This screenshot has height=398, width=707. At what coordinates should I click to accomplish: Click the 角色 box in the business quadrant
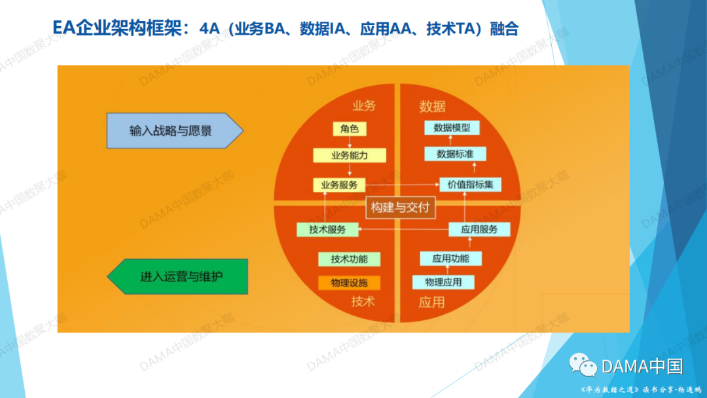coord(350,128)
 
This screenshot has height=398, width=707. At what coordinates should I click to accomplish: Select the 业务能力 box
coord(350,156)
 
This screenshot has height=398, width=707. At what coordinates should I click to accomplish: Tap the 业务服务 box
coord(339,185)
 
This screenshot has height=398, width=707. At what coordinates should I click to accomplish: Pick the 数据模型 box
coord(452,128)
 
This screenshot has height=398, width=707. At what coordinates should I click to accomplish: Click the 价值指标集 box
coord(470,185)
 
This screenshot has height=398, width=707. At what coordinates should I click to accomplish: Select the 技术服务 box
coord(328,229)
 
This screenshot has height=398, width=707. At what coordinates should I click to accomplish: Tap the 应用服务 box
coord(479,229)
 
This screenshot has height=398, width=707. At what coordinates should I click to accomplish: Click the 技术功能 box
coord(349,259)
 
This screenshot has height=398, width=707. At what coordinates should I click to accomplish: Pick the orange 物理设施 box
coord(349,283)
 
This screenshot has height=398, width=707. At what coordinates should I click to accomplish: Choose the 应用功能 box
coord(450,259)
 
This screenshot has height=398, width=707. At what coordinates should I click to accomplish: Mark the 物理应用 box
coord(443,282)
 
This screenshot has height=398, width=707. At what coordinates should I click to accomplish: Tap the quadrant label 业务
coord(364,106)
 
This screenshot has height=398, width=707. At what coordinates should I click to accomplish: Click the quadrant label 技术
coord(363,301)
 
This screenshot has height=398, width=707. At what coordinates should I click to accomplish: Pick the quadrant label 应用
coord(431,302)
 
